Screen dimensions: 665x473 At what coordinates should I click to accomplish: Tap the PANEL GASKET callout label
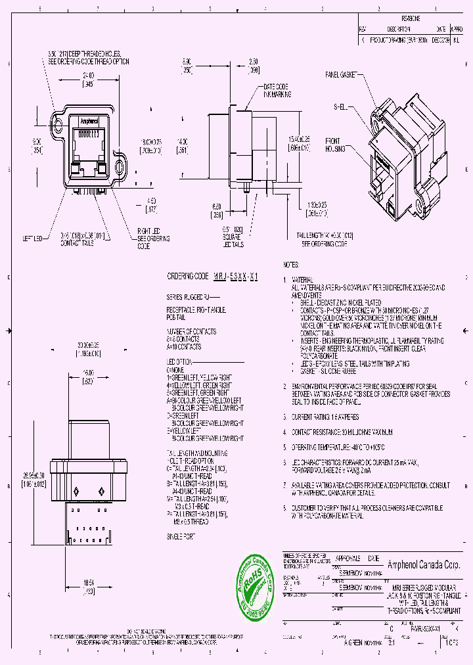click(x=340, y=76)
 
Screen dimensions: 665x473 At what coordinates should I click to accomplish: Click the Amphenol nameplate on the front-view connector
click(x=88, y=121)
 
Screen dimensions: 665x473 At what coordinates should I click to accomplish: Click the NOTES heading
click(x=291, y=265)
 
